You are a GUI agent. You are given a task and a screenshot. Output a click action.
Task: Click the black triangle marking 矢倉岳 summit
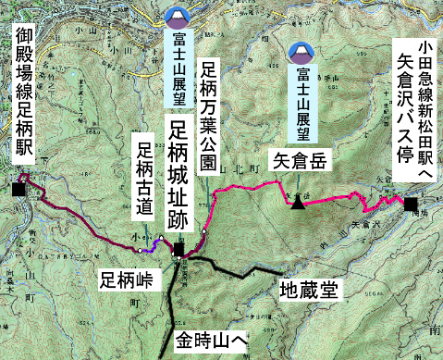click(x=298, y=203)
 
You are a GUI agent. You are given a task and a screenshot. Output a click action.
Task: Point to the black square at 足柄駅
click(x=18, y=190)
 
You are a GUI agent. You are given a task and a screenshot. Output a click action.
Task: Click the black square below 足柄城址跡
click(x=178, y=248)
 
